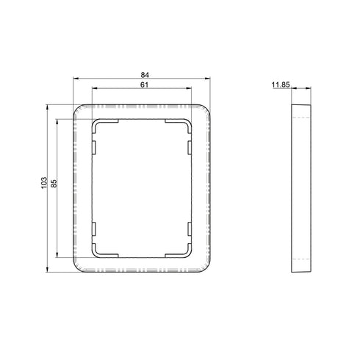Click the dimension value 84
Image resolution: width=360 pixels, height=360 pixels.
[x=145, y=74]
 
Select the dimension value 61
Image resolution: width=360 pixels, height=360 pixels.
[x=144, y=84]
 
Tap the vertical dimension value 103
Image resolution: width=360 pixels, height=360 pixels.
[x=44, y=182]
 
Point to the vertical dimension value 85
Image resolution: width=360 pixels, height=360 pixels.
[x=54, y=184]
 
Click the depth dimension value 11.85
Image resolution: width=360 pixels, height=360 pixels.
[x=281, y=85]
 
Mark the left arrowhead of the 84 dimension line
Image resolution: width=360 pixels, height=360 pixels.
[x=76, y=79]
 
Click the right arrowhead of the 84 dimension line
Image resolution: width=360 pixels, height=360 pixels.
[x=208, y=79]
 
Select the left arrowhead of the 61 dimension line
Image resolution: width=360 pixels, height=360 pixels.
[x=95, y=88]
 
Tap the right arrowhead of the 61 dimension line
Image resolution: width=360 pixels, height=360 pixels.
[x=189, y=88]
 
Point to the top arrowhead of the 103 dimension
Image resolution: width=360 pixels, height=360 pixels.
[x=47, y=107]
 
